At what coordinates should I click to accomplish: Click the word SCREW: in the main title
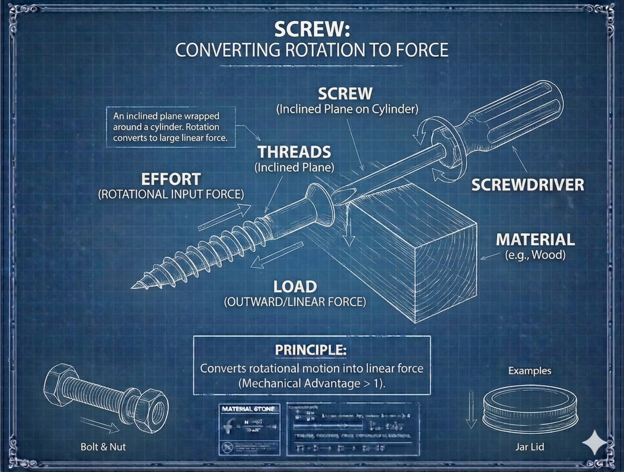[312, 29]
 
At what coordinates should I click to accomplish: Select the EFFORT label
[171, 179]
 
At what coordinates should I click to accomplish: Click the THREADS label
[294, 152]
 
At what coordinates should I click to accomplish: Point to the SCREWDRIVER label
[528, 185]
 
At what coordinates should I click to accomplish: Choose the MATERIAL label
[535, 240]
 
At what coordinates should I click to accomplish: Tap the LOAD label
[295, 287]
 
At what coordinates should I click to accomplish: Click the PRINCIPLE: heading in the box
[311, 350]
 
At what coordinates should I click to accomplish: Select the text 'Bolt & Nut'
[103, 447]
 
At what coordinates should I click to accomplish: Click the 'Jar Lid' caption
[529, 447]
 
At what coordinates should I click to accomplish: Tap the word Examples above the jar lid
[529, 371]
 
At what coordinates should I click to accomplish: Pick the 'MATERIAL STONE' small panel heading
[248, 409]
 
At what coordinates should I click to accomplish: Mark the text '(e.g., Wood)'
[535, 255]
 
